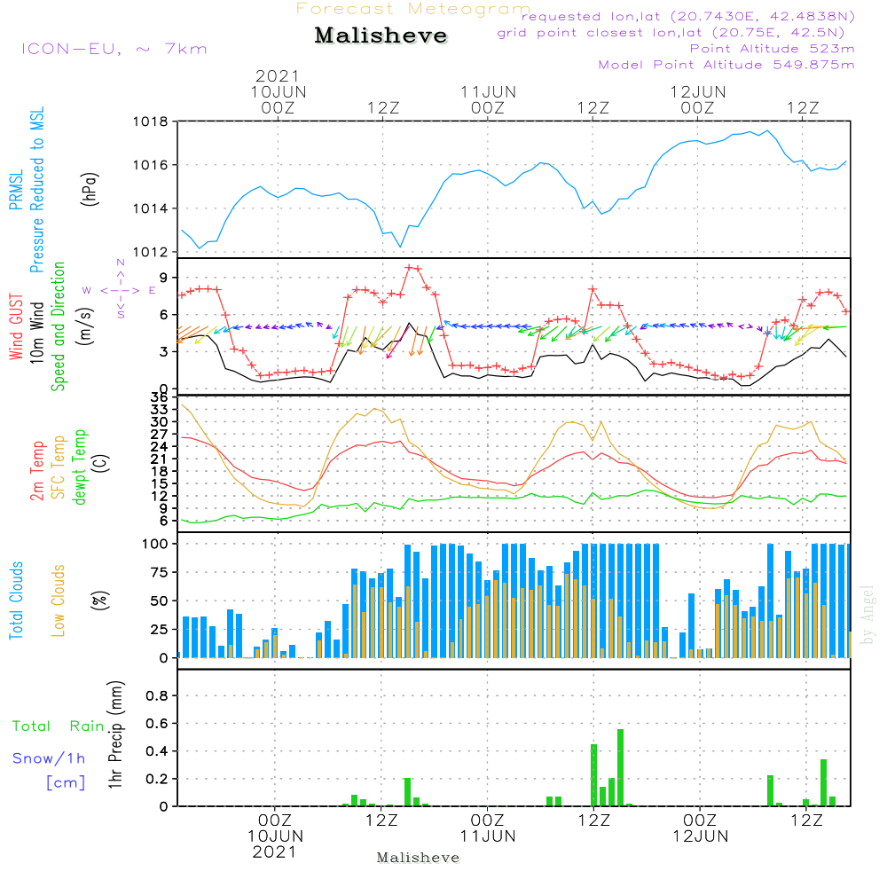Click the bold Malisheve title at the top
coord(381,36)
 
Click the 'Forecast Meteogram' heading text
coord(413,9)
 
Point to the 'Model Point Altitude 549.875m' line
coord(726,65)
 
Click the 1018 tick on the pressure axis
coord(150,122)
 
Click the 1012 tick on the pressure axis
coord(150,252)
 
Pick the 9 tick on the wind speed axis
coord(162,277)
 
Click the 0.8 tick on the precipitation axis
coord(156,696)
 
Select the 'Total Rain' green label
coord(58,726)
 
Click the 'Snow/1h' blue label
coord(49,758)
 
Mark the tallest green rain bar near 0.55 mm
coord(620,767)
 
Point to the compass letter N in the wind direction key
coord(121,263)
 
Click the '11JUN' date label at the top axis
coord(488,91)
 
